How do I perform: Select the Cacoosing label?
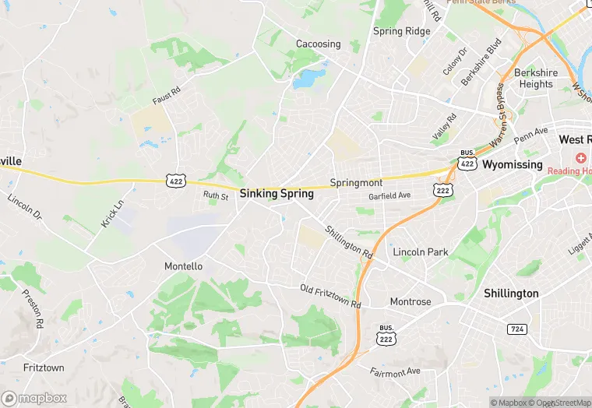coord(318,44)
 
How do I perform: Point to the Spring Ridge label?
coord(401,32)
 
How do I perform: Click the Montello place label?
coord(183,266)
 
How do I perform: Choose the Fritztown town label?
coord(44,368)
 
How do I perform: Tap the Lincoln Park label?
coord(421,252)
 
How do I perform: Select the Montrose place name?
coord(411,301)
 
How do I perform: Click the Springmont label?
coord(356,182)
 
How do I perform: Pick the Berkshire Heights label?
coord(536,79)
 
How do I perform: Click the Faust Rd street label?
coord(166,97)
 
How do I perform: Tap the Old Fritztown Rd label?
coord(331,296)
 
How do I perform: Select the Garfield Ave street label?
coord(389,196)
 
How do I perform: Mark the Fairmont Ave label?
coord(395,371)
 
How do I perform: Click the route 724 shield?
coord(516,329)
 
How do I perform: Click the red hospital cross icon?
coord(581,158)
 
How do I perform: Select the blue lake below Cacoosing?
coord(308,78)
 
